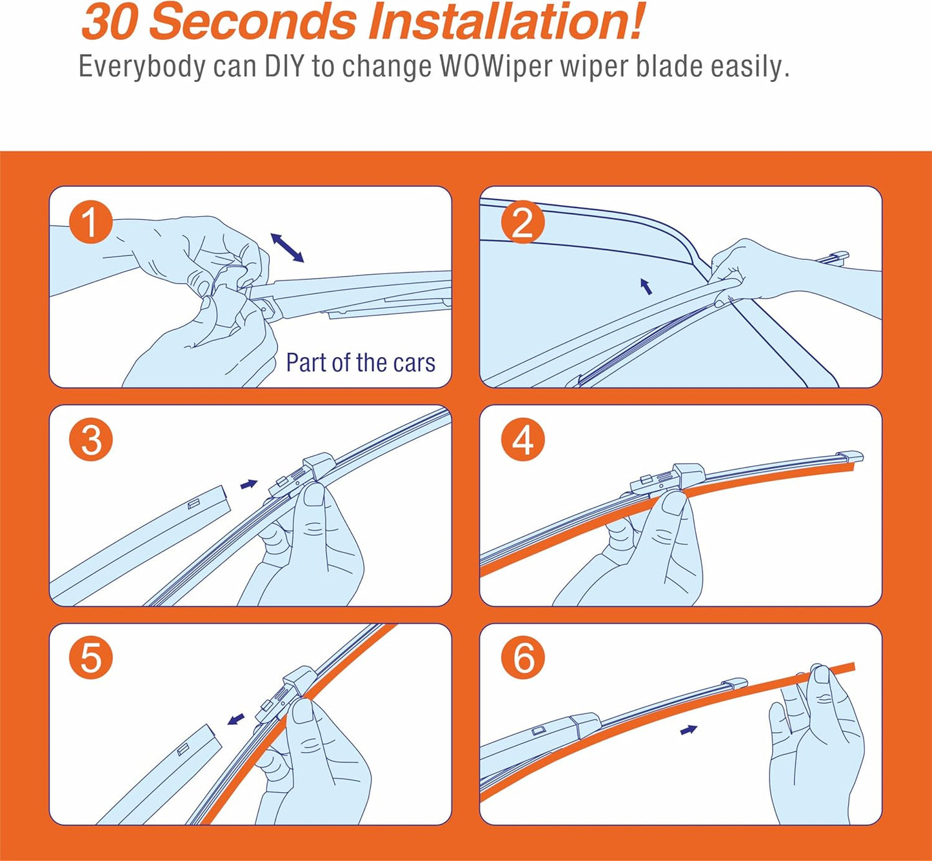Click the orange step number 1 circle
coord(91,222)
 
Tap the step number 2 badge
coord(522,222)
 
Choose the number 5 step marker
coord(91,658)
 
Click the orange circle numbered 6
coord(522,658)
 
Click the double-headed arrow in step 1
coord(287,248)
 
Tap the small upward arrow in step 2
coord(646,286)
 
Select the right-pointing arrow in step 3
coord(249,484)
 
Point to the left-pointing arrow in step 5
coord(235,718)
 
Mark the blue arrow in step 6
coord(688,729)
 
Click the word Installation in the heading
coord(505,22)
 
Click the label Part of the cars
coord(361,362)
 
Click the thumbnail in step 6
coord(822,675)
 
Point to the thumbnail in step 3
coord(314,495)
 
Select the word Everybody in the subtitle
coord(142,67)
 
